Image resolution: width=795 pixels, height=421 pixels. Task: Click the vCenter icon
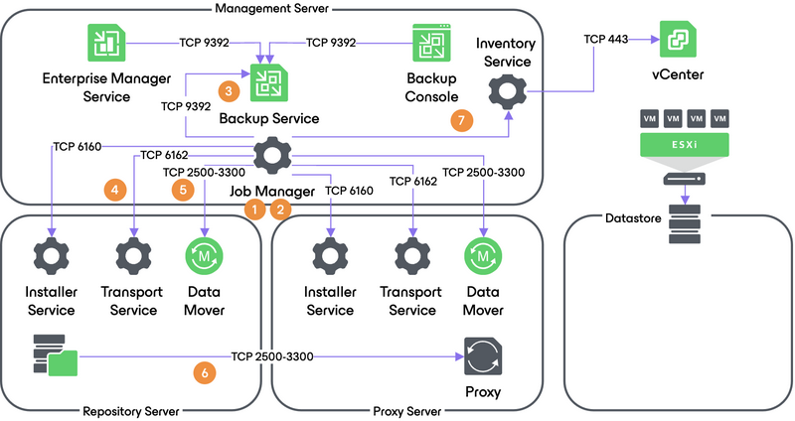point(678,39)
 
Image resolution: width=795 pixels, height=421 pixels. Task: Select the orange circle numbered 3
point(230,90)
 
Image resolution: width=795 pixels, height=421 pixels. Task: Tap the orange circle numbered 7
point(458,119)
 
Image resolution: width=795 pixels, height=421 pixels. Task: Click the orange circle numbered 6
point(205,372)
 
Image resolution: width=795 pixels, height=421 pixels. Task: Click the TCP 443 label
point(605,38)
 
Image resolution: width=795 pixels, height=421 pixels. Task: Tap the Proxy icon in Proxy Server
point(483,355)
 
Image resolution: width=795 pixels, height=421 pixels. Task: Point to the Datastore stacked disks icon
point(684,225)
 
